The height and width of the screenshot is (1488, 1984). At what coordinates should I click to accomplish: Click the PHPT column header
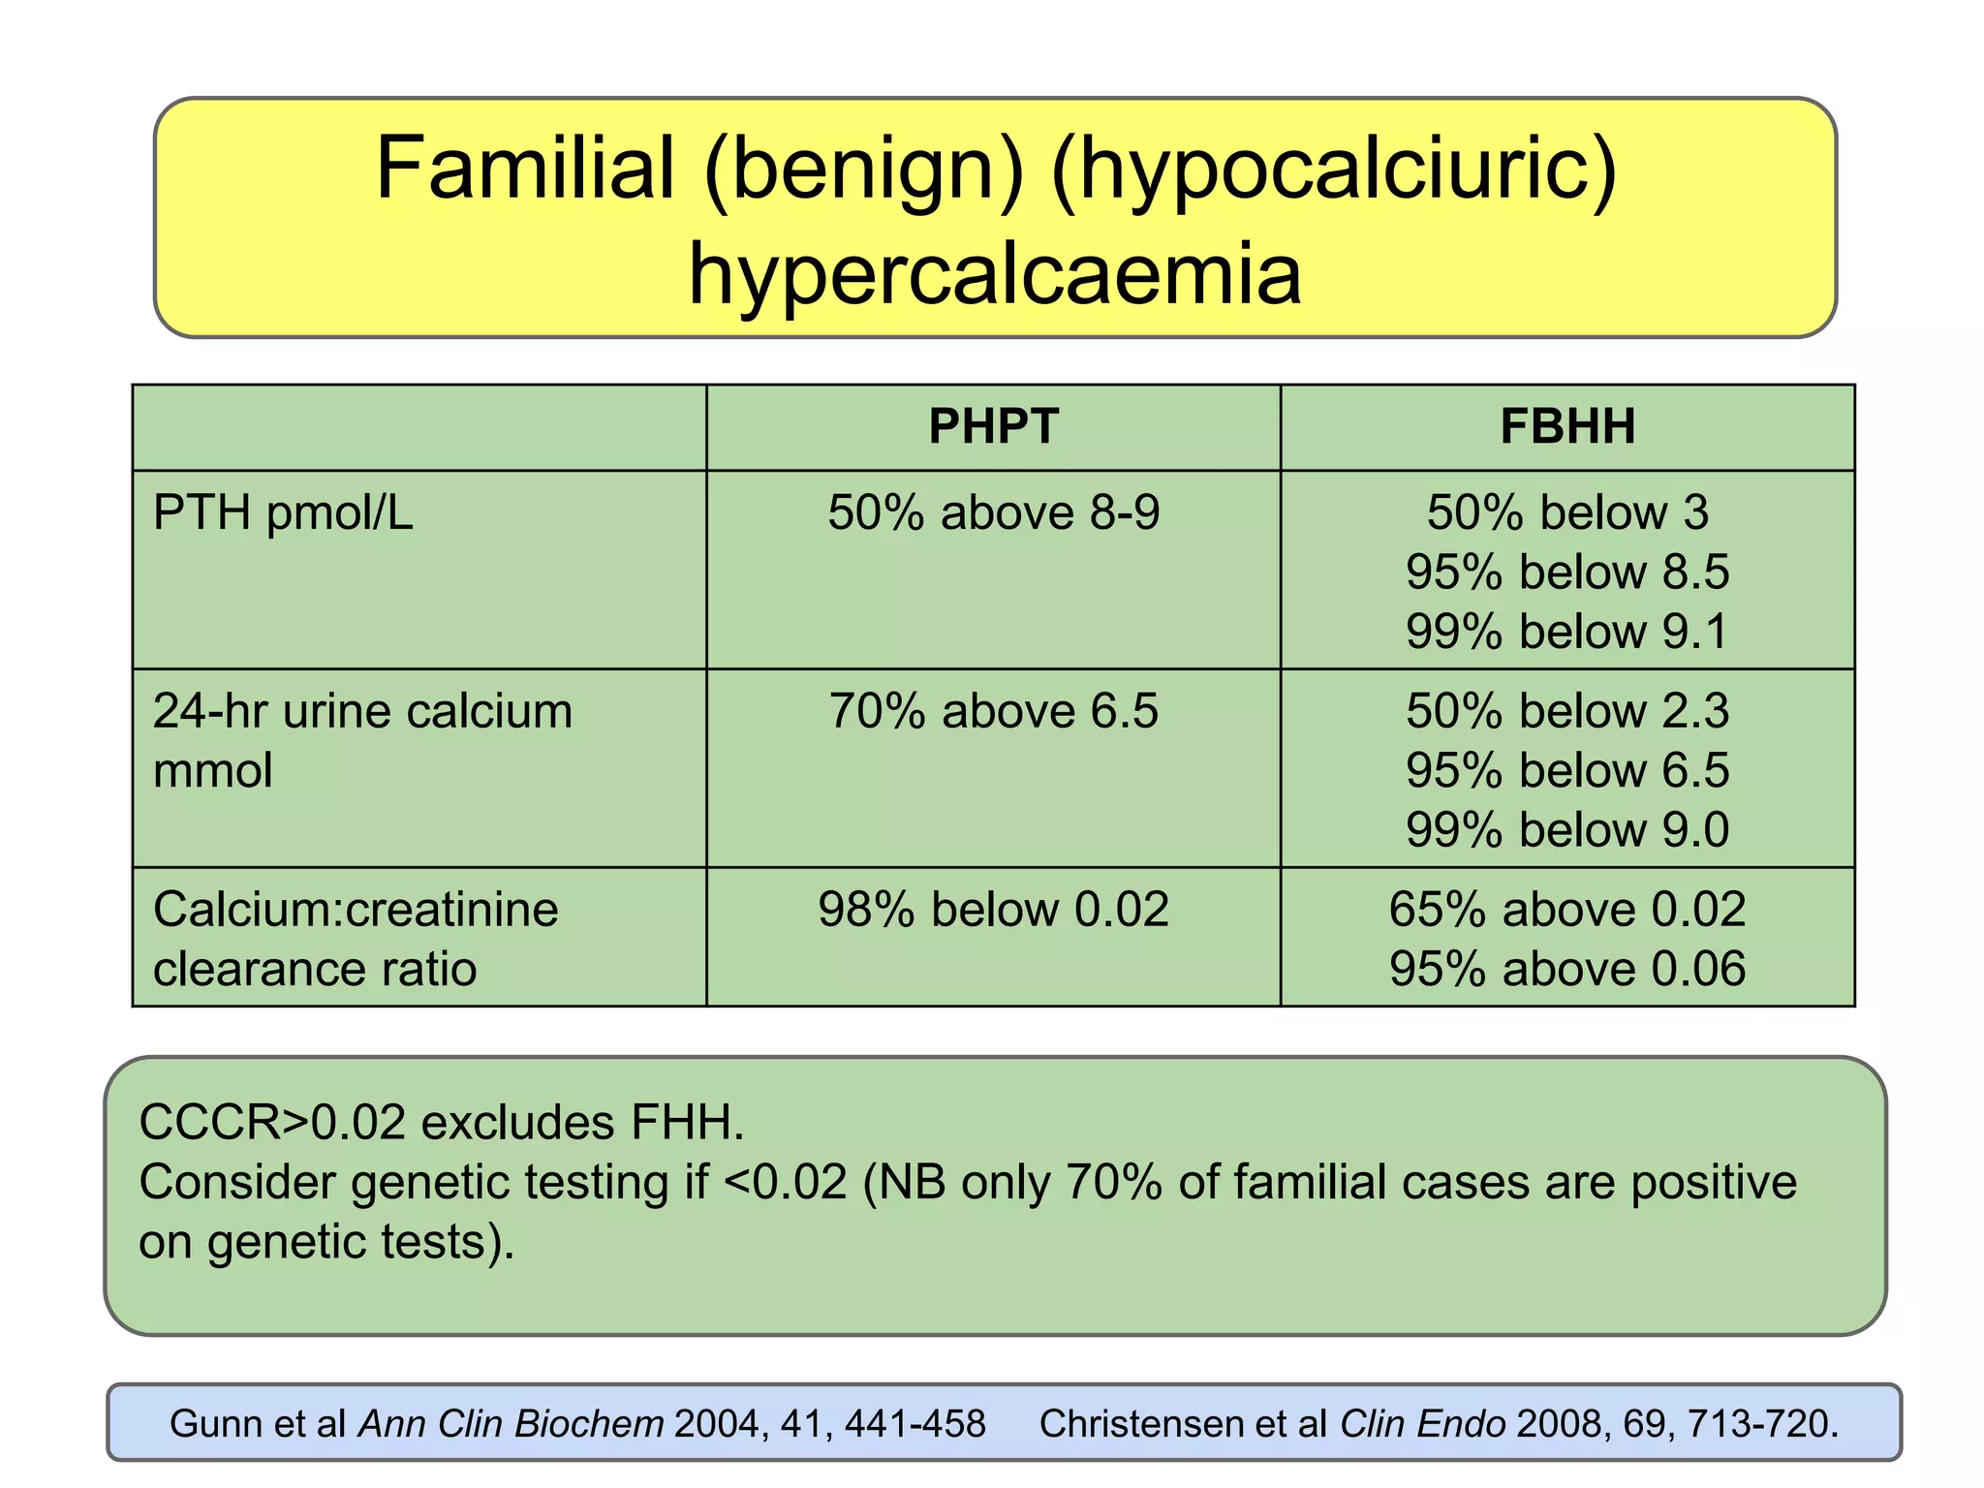[993, 427]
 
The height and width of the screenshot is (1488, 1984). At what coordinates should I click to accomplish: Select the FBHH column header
[1567, 427]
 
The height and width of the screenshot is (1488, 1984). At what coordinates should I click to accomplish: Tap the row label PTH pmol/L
[283, 512]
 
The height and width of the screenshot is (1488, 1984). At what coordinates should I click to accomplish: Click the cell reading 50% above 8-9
[993, 512]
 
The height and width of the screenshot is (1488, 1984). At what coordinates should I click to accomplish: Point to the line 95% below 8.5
[1567, 573]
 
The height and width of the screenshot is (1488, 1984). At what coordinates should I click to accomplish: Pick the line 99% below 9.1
[1567, 632]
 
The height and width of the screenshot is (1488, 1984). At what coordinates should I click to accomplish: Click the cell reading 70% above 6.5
[993, 711]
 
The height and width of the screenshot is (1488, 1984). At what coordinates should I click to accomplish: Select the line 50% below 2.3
[1567, 711]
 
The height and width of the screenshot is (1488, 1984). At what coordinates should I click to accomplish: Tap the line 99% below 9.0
[1567, 830]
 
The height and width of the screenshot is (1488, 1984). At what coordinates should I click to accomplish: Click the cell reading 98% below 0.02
[993, 910]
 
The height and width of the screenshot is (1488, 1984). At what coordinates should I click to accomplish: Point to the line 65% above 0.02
[1567, 910]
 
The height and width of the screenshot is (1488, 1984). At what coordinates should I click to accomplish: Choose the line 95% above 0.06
[1567, 969]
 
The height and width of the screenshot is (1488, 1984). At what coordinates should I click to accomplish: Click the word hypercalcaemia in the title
[995, 274]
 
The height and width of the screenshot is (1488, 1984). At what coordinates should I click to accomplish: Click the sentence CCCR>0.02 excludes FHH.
[442, 1123]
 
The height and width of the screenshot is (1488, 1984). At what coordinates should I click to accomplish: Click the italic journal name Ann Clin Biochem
[511, 1424]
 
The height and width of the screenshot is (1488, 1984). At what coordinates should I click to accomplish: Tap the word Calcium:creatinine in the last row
[356, 910]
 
